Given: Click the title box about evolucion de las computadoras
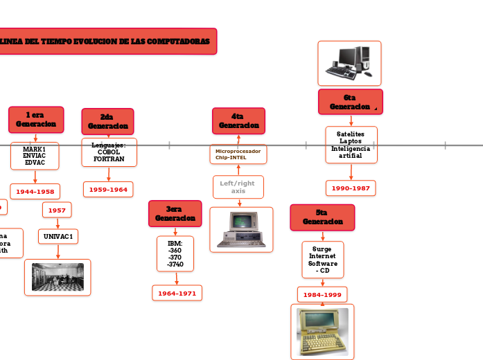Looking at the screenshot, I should pos(107,42).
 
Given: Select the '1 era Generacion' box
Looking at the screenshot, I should pos(36,119).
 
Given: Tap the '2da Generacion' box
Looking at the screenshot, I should pos(107,121).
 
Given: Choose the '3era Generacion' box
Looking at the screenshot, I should pos(175,213).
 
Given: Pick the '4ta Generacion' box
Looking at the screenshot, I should pos(238,120).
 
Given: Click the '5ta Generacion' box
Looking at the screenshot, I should pos(322,217).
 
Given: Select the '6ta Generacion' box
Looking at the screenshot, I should pos(350,102).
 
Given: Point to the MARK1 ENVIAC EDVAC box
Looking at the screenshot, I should pos(35,156).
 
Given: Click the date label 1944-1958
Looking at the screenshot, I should pos(35,191).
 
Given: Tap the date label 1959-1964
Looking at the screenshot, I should pos(108,189).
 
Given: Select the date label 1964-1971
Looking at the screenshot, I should pos(177,294).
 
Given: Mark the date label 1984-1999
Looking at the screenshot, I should pos(322,295).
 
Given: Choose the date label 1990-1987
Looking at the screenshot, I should pos(351,188).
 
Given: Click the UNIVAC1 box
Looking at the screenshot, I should pos(58,236).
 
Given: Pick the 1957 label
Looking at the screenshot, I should pos(57,210).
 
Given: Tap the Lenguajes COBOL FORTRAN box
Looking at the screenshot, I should pos(109,152).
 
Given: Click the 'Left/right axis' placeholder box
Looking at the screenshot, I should pos(238,187).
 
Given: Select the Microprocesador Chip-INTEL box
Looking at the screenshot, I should pos(238,154).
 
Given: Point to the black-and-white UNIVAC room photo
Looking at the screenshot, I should pos(58,277).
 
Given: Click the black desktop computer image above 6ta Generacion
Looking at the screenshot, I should pos(349,63).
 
